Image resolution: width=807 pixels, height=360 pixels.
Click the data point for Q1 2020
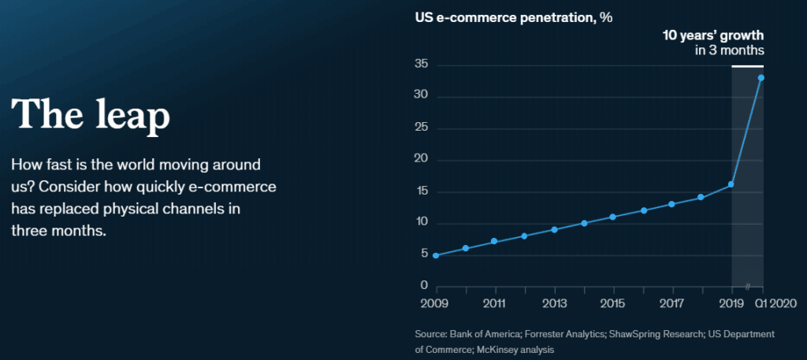coord(761,77)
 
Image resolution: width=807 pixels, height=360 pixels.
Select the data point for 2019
coord(731,184)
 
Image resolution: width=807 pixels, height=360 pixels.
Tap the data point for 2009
coord(436,255)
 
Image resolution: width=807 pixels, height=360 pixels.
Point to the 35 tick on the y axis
coord(422,65)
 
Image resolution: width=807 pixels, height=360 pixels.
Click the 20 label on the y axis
coord(422,160)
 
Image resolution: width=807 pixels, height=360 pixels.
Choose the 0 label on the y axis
coord(425,285)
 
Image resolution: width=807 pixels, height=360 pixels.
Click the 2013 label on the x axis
coord(554,302)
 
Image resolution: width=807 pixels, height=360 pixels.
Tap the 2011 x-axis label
coord(494,302)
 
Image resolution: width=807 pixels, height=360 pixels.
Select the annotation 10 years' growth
coord(712,35)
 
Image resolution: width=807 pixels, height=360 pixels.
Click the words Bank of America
coord(484,334)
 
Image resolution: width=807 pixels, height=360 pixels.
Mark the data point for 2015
coord(613,217)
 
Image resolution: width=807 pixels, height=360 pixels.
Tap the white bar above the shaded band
coord(747,65)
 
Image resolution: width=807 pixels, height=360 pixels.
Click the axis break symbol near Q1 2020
coord(746,286)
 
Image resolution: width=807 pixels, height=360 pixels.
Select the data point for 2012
coord(524,236)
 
